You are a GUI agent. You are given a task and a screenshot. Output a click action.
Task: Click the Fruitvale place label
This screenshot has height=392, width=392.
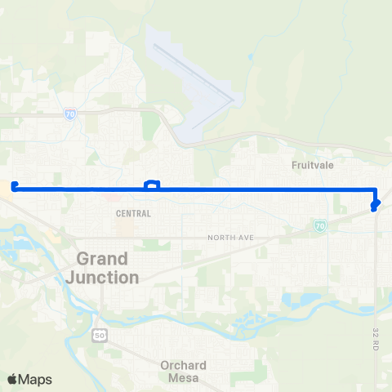(314, 164)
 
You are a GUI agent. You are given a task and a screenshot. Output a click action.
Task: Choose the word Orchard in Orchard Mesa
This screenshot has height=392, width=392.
(183, 365)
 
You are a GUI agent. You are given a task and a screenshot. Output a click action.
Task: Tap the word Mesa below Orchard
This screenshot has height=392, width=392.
(183, 377)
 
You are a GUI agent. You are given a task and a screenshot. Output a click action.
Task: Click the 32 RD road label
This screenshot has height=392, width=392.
(376, 338)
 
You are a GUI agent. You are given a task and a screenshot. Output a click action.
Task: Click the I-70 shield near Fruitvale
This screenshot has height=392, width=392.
(320, 225)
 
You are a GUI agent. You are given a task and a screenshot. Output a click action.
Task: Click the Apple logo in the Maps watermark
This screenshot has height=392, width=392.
(12, 379)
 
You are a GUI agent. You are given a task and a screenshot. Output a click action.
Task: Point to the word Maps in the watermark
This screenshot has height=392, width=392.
(35, 379)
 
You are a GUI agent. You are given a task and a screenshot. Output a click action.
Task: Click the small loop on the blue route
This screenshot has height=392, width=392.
(152, 185)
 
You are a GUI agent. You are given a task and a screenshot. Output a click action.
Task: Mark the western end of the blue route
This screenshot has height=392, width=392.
(15, 186)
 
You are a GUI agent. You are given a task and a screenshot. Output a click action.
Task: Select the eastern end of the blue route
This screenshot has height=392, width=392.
(373, 209)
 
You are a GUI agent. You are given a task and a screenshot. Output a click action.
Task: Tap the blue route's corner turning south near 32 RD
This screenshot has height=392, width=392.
(372, 189)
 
